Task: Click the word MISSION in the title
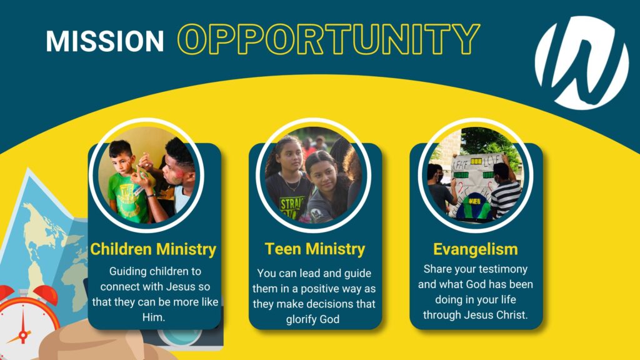[x=105, y=41]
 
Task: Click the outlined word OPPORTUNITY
[x=329, y=39]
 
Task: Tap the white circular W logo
[x=582, y=63]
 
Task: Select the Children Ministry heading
[x=154, y=249]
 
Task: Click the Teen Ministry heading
[x=315, y=249]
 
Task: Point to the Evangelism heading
[x=476, y=249]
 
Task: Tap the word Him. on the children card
[x=154, y=317]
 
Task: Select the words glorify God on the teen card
[x=312, y=319]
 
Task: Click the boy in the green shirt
[x=125, y=182]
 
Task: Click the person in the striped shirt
[x=504, y=191]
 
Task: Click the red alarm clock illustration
[x=24, y=323]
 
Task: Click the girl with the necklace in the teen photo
[x=286, y=179]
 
